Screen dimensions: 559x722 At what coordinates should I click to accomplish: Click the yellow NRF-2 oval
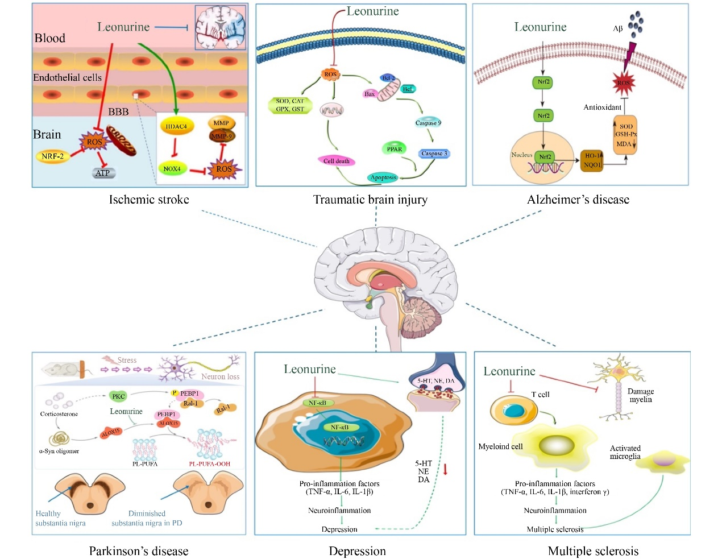tap(53, 156)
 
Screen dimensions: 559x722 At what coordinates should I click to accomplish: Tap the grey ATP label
tap(102, 173)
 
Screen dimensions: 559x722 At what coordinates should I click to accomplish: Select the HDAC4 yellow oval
tap(177, 126)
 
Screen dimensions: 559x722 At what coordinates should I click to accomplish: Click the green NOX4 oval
tap(172, 169)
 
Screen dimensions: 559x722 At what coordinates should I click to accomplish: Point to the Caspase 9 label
tap(428, 123)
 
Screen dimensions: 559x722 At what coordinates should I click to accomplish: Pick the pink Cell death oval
tap(337, 161)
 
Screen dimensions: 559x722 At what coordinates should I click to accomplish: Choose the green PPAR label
tap(395, 149)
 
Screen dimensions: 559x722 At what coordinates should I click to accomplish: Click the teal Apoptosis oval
tap(383, 177)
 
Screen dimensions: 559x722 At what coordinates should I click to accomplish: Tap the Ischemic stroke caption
tap(149, 200)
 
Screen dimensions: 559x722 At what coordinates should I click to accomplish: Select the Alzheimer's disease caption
tap(578, 200)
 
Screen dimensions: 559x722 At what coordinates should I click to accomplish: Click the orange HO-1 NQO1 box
tap(592, 160)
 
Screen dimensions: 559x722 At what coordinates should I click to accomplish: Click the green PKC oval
tap(118, 396)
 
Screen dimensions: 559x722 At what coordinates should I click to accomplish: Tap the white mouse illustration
tap(60, 369)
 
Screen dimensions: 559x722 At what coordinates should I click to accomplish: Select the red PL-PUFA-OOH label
tap(209, 464)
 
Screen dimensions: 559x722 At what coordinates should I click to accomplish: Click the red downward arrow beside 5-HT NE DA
tap(446, 470)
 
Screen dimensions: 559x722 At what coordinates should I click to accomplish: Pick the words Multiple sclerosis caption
tap(593, 551)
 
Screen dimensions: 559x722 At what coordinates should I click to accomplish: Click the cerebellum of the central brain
tap(420, 316)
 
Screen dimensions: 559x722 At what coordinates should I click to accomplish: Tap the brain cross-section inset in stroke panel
tap(221, 27)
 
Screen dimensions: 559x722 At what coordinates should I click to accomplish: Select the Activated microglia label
tap(625, 452)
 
